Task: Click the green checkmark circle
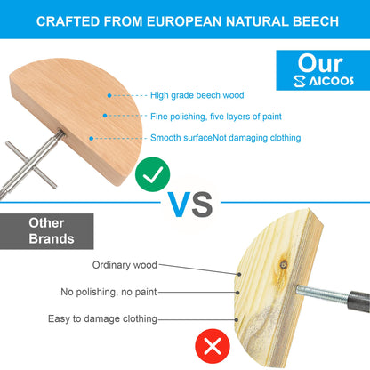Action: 153,174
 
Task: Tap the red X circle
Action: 213,346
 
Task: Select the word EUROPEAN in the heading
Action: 184,21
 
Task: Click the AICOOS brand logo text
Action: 324,81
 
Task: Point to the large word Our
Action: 320,63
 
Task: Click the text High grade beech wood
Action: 197,95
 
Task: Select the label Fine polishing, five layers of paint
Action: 216,117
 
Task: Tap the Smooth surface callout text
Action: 225,138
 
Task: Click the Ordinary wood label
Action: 125,265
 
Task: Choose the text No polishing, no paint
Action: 109,292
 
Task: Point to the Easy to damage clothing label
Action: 102,319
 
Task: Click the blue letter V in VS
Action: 179,205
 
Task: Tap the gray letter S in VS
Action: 202,205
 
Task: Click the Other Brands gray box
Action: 47,231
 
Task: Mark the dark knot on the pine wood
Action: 284,264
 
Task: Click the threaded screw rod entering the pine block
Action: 322,294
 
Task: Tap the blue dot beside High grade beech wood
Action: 109,95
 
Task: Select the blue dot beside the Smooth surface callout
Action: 92,139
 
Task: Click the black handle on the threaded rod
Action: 359,302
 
